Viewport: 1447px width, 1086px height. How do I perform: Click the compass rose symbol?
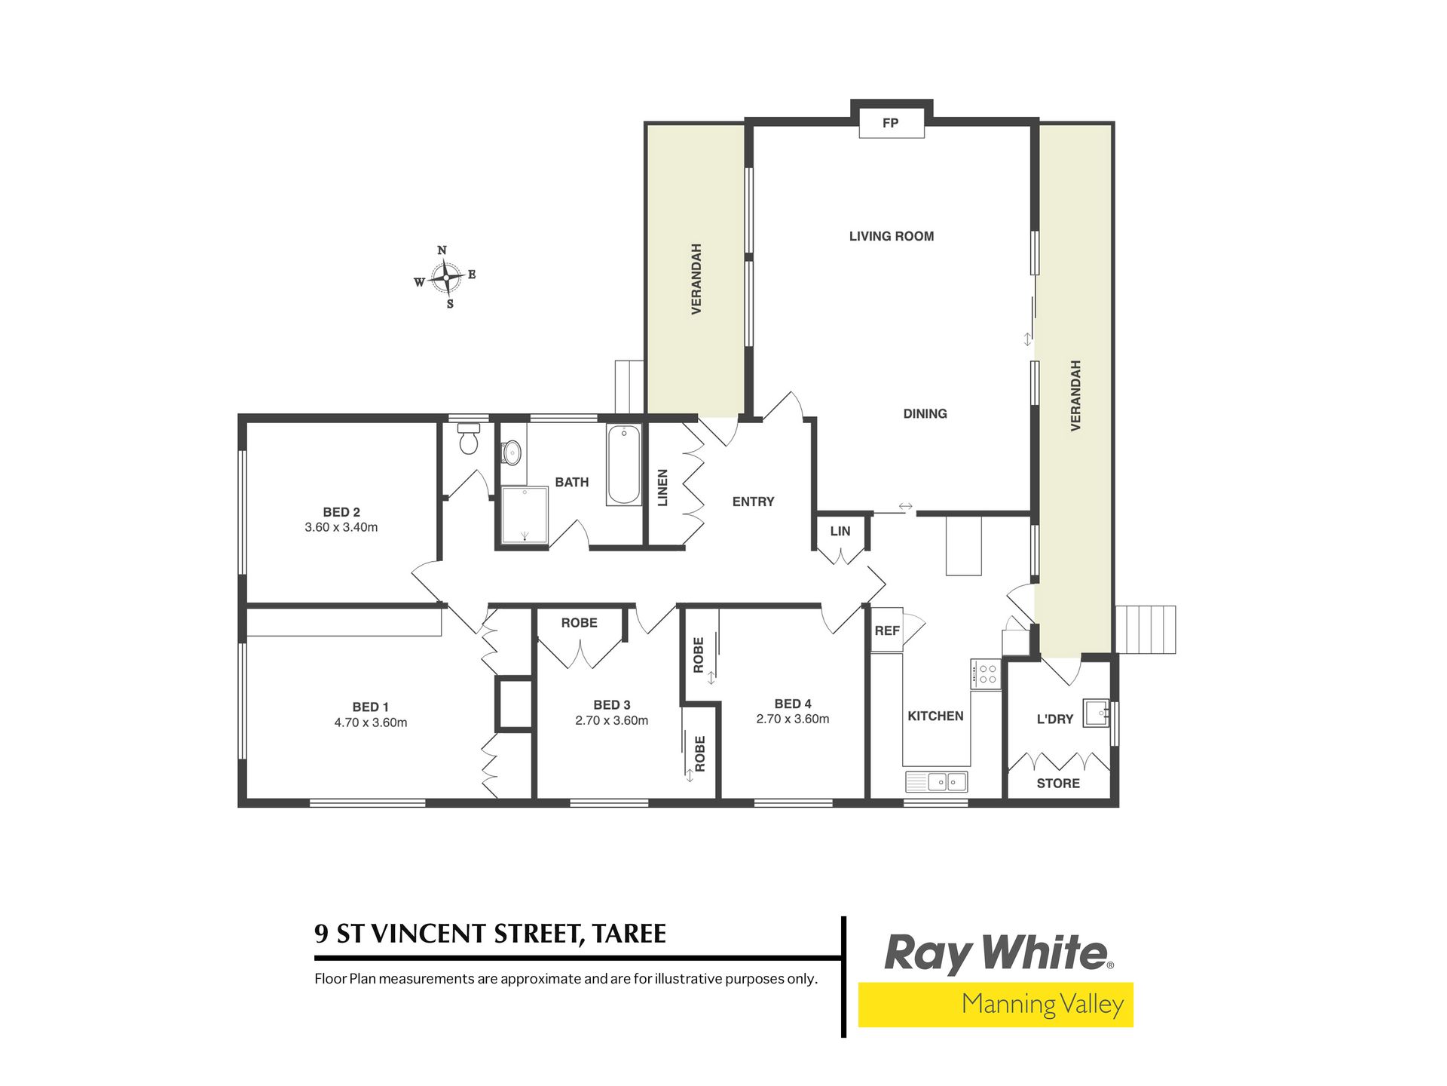tap(446, 278)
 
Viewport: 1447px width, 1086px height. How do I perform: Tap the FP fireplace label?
tap(890, 123)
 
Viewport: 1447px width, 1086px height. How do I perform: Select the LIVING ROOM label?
tap(892, 236)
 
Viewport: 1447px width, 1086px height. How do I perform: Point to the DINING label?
tap(925, 413)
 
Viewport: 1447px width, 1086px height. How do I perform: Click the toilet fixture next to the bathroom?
tap(469, 438)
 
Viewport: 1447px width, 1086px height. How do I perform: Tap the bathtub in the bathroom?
tap(624, 465)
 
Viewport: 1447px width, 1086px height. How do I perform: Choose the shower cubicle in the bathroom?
tap(525, 514)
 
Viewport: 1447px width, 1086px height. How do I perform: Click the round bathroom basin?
tap(512, 452)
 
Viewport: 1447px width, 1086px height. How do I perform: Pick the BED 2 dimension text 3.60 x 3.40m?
tap(341, 527)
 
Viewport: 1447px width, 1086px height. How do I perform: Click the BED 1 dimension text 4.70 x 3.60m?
tap(371, 722)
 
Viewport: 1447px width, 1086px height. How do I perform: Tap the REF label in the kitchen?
tap(887, 630)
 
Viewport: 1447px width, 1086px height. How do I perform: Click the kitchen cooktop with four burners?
tap(986, 673)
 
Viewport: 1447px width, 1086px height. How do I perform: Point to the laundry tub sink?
tap(1096, 713)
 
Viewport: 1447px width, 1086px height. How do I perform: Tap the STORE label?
tap(1058, 784)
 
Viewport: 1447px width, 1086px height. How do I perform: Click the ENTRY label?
tap(753, 502)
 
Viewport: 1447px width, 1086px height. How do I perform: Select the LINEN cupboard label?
tap(662, 488)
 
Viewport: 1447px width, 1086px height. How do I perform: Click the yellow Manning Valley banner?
tap(996, 1005)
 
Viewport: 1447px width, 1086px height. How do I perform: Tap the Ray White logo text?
tap(997, 954)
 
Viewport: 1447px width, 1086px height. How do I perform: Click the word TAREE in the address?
tap(629, 934)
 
